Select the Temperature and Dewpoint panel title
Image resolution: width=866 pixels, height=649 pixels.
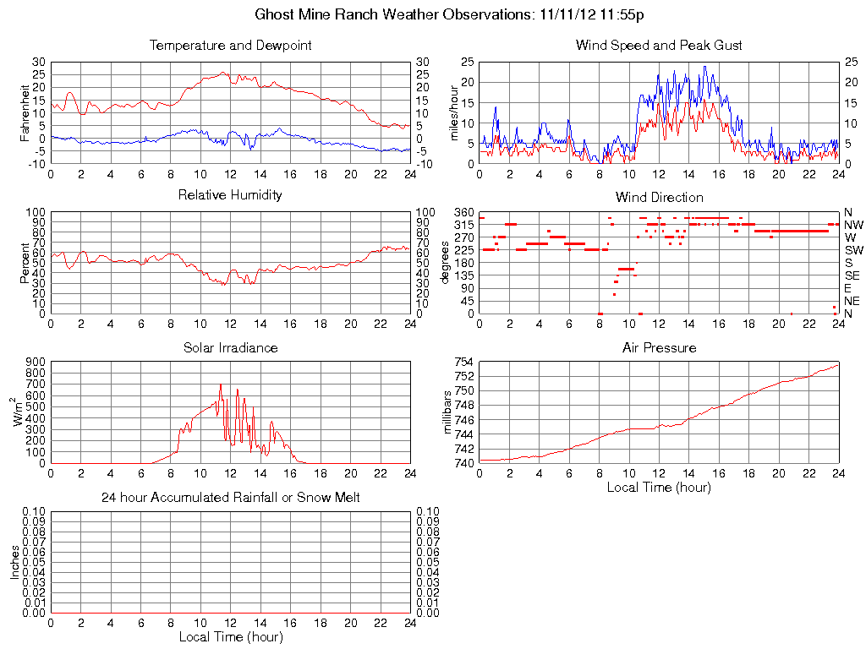[x=230, y=45]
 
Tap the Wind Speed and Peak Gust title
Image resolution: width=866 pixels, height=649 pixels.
[x=659, y=45]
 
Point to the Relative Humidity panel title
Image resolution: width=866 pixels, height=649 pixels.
[x=230, y=195]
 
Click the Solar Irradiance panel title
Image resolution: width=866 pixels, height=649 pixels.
[x=230, y=347]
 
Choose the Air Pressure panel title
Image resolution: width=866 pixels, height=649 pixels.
[x=659, y=347]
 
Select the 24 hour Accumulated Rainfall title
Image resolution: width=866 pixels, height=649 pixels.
[x=230, y=498]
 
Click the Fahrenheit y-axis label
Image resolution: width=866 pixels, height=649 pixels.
[x=25, y=112]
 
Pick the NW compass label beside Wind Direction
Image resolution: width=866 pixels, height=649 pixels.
[x=853, y=225]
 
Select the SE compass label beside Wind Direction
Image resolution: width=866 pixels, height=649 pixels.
[x=852, y=275]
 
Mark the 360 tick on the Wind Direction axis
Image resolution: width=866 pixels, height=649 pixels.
[x=464, y=212]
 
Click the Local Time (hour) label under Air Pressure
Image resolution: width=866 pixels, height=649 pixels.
[x=659, y=487]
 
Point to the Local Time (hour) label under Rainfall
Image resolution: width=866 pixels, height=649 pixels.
[x=230, y=637]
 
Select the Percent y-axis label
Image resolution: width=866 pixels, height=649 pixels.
[x=25, y=263]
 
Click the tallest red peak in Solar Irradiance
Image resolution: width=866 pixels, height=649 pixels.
[x=221, y=384]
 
